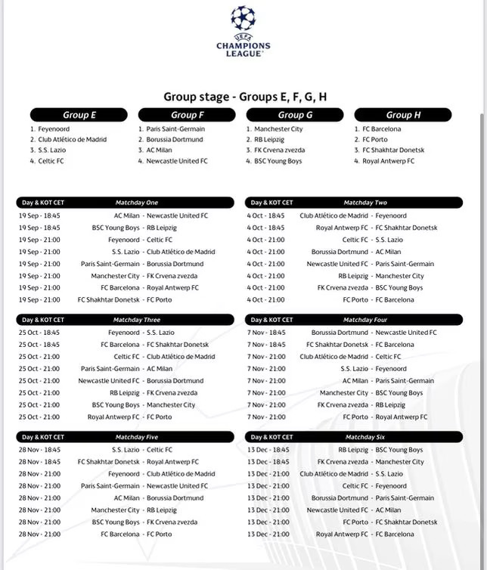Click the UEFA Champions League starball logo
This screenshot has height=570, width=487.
coord(243,17)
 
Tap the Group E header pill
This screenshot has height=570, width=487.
coord(79,115)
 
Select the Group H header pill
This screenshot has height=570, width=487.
coord(403,115)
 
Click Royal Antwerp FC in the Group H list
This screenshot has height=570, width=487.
coord(388,161)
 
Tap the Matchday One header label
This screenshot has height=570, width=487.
coord(137,203)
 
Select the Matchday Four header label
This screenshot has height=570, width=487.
coord(365,320)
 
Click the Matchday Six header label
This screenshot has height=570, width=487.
coord(365,437)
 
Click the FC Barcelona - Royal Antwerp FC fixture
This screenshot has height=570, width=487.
coord(150,288)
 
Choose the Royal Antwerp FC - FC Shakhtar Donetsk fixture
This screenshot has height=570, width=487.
coord(376,228)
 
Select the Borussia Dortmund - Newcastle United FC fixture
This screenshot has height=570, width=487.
coord(374,333)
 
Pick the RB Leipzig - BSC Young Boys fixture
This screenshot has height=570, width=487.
coord(380,450)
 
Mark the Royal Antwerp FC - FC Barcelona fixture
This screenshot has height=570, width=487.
coord(365,534)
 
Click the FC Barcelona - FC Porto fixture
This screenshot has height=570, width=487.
coord(136,534)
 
